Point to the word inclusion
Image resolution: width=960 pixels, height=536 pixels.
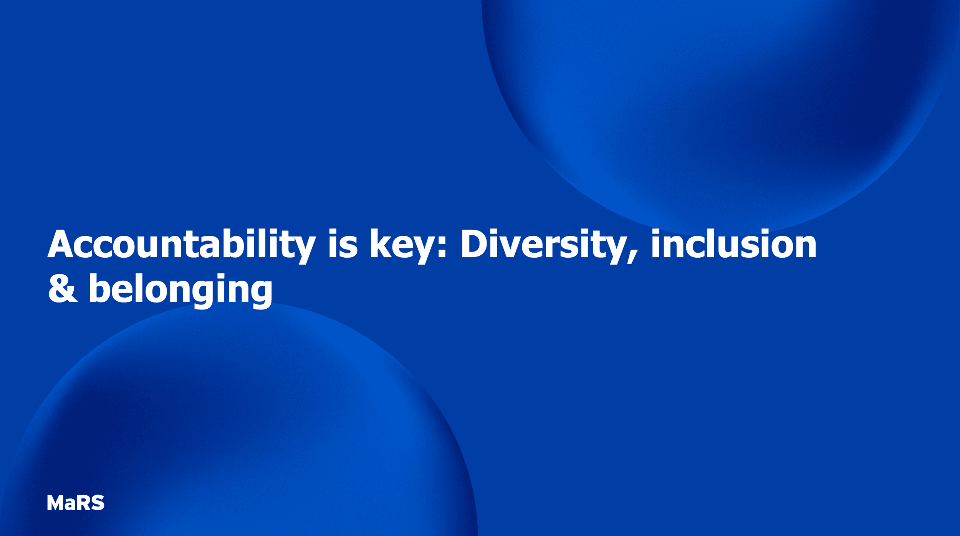point(734,244)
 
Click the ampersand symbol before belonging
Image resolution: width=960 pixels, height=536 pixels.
point(63,288)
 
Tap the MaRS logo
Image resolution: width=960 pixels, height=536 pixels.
point(76,503)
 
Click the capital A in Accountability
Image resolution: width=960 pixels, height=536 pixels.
point(60,244)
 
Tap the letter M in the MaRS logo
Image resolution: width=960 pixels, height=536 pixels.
point(55,503)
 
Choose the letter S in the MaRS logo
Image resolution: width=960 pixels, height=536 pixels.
point(98,503)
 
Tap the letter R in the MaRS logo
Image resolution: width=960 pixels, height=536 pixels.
point(83,503)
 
